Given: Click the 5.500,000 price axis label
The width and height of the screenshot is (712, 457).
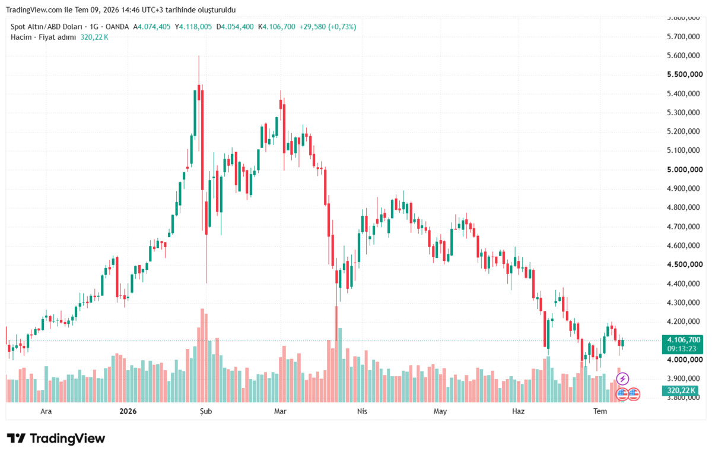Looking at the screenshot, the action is (x=685, y=74).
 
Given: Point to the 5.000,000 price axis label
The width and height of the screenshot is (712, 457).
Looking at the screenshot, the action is (x=685, y=169).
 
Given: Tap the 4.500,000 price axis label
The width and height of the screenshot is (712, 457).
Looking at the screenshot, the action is (x=685, y=264).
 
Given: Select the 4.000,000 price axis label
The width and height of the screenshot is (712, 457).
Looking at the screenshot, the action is (x=685, y=360).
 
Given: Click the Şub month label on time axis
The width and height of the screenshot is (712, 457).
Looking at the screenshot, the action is (x=206, y=411).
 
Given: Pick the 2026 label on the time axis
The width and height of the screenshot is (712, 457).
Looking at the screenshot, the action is (x=128, y=411).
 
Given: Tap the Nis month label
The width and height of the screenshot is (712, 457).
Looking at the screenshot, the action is (x=362, y=411).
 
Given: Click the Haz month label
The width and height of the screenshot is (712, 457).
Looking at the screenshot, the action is (x=518, y=411).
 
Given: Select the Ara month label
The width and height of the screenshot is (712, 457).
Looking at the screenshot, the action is (x=46, y=411).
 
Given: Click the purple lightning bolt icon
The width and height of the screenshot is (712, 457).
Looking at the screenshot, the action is (x=622, y=379).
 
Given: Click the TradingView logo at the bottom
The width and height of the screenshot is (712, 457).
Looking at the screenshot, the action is (x=56, y=439).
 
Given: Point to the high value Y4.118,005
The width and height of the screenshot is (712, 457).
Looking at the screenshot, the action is (x=193, y=27).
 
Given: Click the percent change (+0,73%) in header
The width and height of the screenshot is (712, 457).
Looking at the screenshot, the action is (x=342, y=27).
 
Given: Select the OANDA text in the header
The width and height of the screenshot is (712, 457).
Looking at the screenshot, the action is (x=117, y=27).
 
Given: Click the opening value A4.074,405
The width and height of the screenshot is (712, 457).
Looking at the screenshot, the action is (x=152, y=27).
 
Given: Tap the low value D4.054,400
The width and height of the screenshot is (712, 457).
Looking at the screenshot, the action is (x=235, y=27).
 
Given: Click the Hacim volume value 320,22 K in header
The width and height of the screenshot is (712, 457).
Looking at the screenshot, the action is (x=94, y=37).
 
